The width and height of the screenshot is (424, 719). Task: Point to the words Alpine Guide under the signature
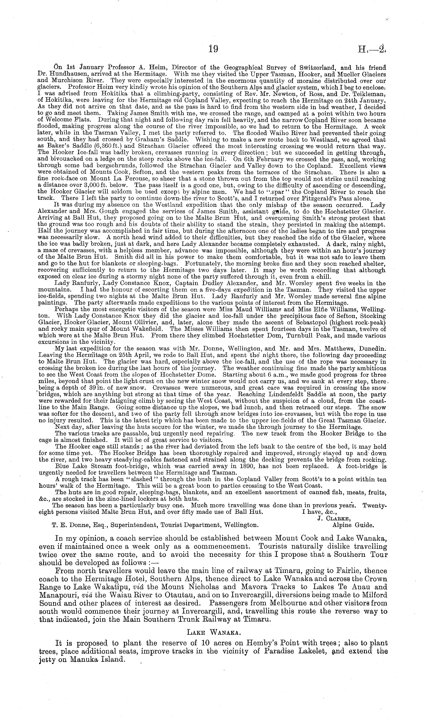pyautogui.click(x=353, y=524)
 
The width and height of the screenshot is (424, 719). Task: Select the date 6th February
pyautogui.click(x=257, y=159)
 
